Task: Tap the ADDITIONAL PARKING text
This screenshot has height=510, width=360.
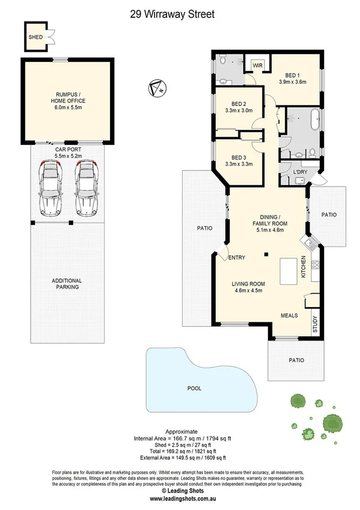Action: point(66,284)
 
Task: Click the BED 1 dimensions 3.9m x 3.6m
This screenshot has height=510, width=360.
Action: point(293,82)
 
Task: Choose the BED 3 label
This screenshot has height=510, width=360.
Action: point(239,158)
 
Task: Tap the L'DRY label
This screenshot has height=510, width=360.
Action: point(300,173)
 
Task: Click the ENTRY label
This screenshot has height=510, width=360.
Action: point(237,258)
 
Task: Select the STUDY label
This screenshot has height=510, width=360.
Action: point(315,325)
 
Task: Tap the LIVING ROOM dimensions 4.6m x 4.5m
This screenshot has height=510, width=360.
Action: point(249,290)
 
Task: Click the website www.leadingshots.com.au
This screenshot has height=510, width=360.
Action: point(180,499)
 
